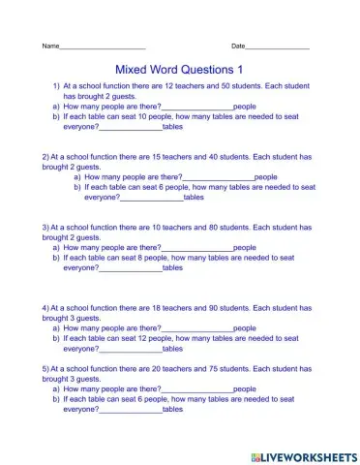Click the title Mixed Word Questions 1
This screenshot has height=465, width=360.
tap(179, 70)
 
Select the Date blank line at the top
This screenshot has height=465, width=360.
tap(277, 46)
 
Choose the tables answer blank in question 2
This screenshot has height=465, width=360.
tap(151, 198)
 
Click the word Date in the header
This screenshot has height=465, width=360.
tap(238, 46)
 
